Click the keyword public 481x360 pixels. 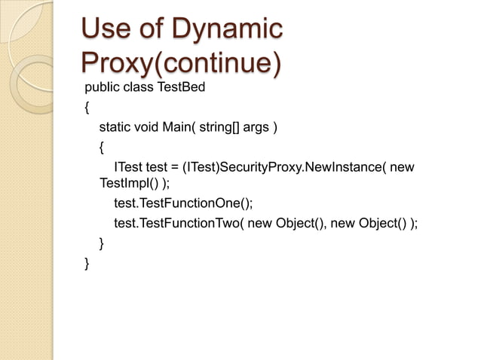point(101,87)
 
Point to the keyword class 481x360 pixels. point(137,87)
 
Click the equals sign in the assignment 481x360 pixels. point(175,166)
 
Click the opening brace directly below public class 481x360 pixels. point(87,107)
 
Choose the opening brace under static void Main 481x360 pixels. point(102,146)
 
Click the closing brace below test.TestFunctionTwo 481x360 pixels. point(102,243)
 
